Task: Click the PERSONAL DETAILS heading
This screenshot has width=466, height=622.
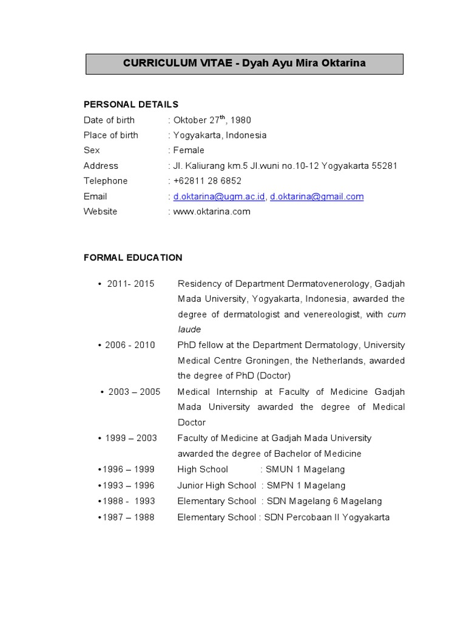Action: coord(131,104)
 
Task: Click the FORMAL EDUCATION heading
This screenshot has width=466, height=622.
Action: coord(133,258)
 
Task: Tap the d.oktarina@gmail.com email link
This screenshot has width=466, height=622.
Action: coord(317,196)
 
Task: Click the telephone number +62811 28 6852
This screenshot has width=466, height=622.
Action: coord(207,181)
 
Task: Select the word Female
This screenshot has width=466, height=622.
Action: coord(189,150)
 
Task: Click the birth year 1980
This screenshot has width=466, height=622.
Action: coord(240,120)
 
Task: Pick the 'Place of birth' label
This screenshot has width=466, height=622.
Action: coord(111,135)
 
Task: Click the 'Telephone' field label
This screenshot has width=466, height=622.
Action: coord(106,181)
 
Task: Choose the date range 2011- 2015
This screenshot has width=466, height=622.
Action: coord(131,284)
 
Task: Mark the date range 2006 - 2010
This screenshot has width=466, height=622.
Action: coord(130,345)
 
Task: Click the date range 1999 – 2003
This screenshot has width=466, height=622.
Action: coord(131,438)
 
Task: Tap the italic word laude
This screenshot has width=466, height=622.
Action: coord(189,329)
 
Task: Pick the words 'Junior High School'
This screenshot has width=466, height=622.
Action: coord(217,485)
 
